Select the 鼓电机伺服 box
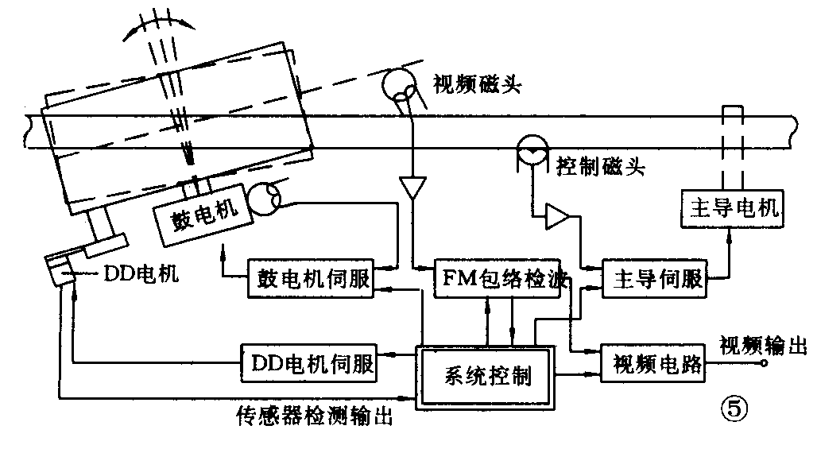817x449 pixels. (x=310, y=278)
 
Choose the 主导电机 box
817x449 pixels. (x=731, y=210)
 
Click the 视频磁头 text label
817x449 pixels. (x=477, y=84)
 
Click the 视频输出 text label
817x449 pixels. (x=763, y=345)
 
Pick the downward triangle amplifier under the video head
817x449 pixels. (x=412, y=188)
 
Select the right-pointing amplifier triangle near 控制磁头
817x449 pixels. (x=557, y=215)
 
